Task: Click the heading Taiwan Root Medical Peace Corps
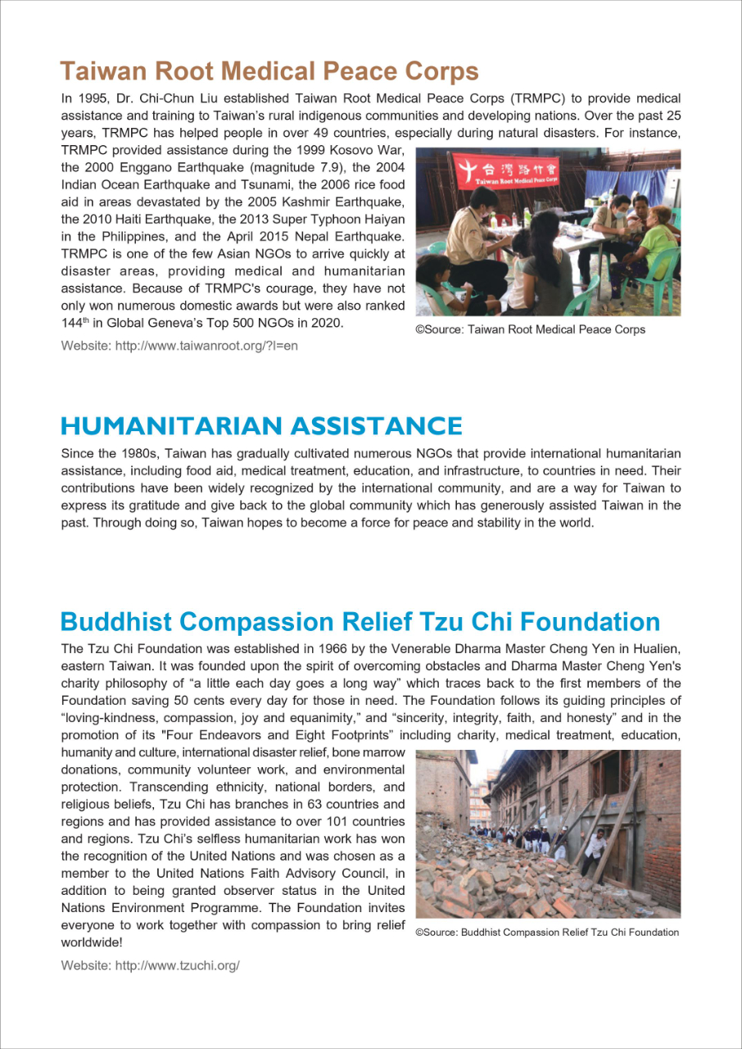[269, 70]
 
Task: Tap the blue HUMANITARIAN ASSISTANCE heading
[261, 426]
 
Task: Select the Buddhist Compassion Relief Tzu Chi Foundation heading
[360, 621]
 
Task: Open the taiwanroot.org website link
[206, 346]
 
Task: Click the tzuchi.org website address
[177, 965]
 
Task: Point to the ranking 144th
[75, 323]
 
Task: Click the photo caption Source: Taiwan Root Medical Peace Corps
[531, 329]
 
